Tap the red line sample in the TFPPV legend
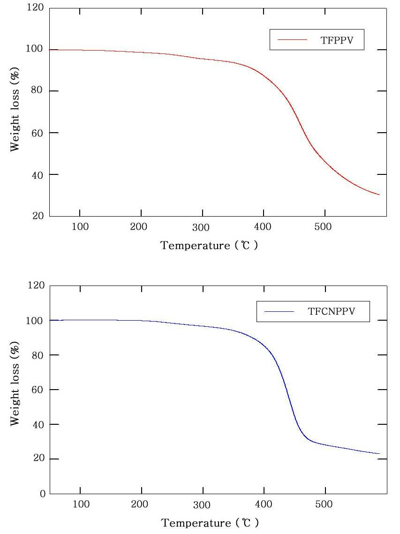[291, 40]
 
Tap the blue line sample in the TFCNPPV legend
[279, 311]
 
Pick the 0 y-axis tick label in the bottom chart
[41, 494]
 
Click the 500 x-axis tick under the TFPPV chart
[324, 227]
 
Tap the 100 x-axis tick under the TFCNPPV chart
[80, 504]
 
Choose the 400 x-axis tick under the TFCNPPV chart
[263, 504]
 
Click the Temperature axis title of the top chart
[209, 245]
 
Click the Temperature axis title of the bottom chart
[209, 523]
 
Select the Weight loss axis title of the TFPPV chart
[15, 112]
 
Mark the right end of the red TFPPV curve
[379, 195]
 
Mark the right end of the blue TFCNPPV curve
[379, 453]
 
